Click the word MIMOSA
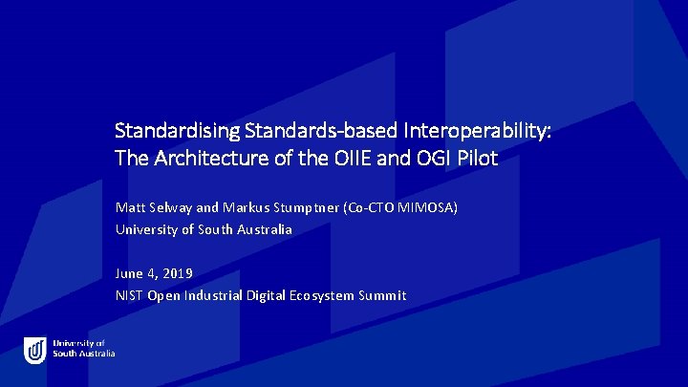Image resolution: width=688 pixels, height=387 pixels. point(435,207)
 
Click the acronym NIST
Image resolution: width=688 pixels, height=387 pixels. point(129,296)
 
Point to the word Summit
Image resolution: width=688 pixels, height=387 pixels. point(382,296)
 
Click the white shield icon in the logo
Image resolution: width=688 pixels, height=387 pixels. point(35,350)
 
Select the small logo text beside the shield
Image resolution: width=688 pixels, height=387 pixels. point(84,349)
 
